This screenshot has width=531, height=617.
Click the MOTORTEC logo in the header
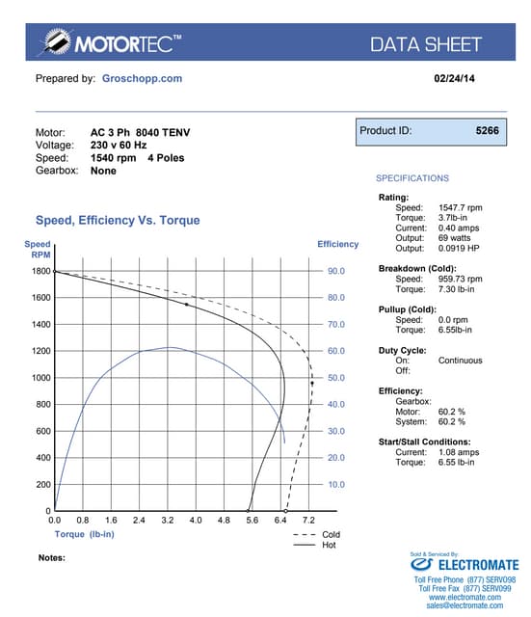click(109, 43)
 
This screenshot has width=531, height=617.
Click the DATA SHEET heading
click(426, 44)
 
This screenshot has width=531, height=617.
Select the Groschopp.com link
click(142, 78)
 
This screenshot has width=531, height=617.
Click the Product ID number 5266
click(487, 129)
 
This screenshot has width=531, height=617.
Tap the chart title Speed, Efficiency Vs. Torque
click(118, 221)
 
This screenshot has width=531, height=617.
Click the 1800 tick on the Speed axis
click(40, 272)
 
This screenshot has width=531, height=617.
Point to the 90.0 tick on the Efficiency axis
click(336, 272)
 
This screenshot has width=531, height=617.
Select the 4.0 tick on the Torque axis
click(196, 521)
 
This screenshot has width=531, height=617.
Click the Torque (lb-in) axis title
click(85, 533)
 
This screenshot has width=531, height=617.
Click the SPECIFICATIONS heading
click(412, 178)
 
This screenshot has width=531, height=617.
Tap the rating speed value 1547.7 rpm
click(461, 207)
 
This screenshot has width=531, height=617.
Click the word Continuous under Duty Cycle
click(461, 361)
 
